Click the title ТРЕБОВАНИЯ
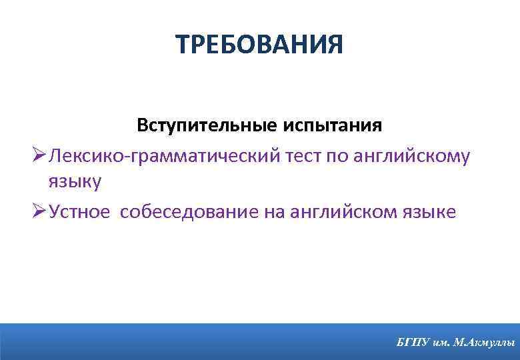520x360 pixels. (x=260, y=45)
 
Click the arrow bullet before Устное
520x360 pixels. (x=38, y=211)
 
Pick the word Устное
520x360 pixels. (x=80, y=212)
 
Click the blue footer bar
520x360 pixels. (x=200, y=341)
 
